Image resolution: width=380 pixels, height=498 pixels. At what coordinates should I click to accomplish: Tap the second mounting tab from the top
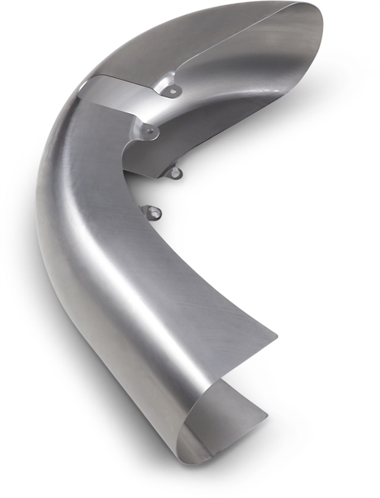tap(149, 131)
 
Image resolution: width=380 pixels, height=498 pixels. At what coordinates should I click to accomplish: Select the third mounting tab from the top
tap(174, 171)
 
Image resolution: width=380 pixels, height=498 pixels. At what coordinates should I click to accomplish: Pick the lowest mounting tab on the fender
tap(152, 211)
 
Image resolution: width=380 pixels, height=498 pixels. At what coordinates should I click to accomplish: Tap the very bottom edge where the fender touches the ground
tap(189, 458)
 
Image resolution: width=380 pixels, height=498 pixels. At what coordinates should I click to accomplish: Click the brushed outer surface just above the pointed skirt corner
tap(242, 314)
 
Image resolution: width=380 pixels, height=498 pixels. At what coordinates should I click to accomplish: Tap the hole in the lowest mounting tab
tap(152, 210)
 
